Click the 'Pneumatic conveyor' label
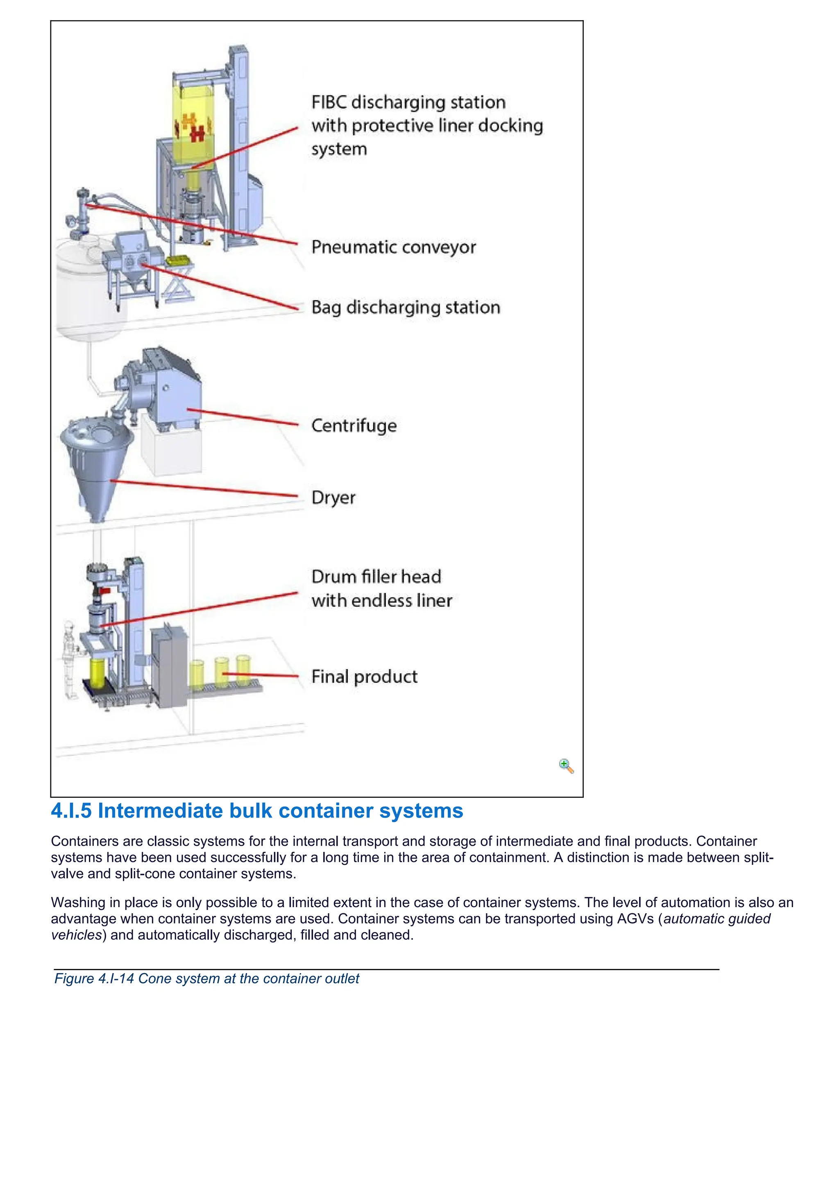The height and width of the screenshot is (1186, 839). (x=393, y=247)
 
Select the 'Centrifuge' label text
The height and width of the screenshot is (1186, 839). (x=354, y=426)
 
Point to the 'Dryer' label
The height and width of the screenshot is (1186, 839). (x=333, y=498)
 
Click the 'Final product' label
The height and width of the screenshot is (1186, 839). (x=364, y=677)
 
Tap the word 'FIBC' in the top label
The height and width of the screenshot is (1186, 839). (x=329, y=102)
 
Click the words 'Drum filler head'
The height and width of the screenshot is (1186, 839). (x=376, y=577)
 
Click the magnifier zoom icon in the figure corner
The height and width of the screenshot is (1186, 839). (x=566, y=766)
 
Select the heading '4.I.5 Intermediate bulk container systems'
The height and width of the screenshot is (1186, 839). (x=257, y=811)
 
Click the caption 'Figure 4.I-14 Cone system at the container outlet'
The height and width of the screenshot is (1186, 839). (x=206, y=978)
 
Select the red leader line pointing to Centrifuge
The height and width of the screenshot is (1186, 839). (x=243, y=417)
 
